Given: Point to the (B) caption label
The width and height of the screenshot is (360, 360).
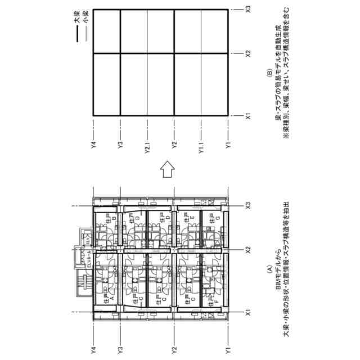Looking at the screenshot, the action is [x=270, y=73].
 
